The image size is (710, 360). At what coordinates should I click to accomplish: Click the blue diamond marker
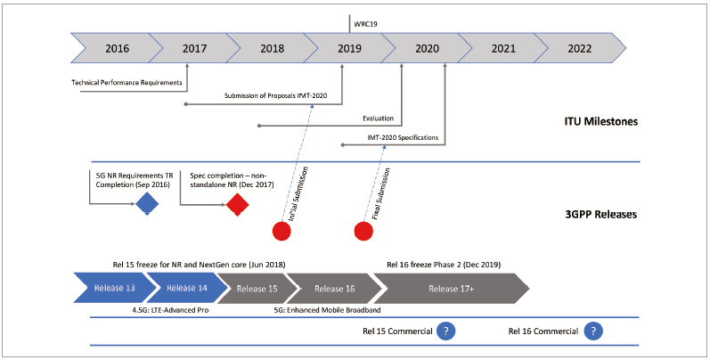(147, 205)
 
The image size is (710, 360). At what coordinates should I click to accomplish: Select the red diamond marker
(237, 205)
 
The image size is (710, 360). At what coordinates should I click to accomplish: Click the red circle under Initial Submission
(282, 231)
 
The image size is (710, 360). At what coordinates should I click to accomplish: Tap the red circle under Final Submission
(363, 231)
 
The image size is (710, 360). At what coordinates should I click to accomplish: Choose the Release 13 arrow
(113, 288)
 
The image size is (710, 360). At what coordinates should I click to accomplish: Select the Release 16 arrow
(334, 288)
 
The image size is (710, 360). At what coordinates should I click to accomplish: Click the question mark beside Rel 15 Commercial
(445, 331)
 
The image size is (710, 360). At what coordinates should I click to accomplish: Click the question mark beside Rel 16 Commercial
(592, 331)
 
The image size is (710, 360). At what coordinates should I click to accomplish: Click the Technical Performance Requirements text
(126, 83)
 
